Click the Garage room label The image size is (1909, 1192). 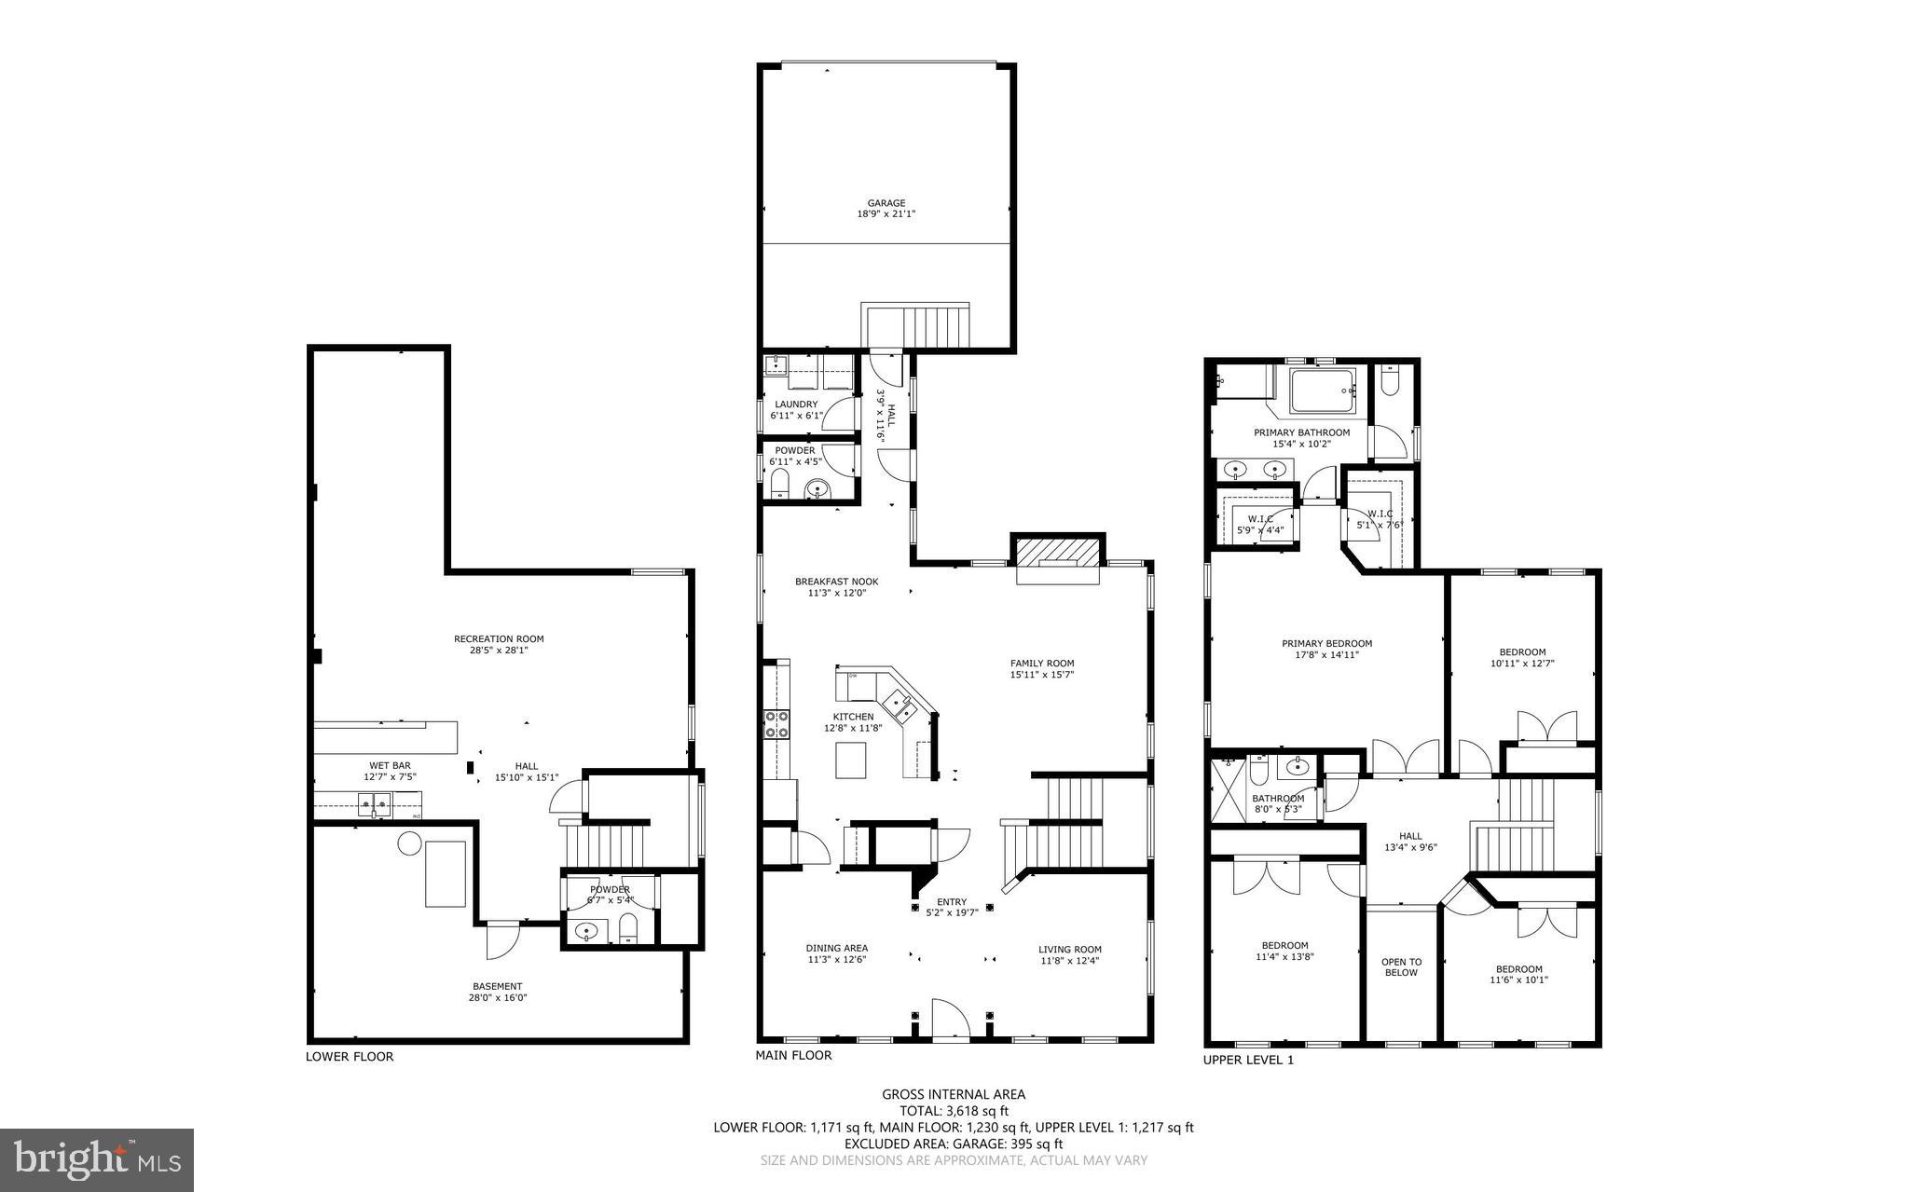(886, 203)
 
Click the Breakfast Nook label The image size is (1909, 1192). (836, 582)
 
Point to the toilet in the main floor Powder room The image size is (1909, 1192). (780, 485)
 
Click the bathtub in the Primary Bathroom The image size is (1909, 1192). (1322, 391)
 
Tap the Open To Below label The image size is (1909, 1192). (1401, 967)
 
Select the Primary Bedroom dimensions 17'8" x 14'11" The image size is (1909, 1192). (1326, 655)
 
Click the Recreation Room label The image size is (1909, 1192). (499, 639)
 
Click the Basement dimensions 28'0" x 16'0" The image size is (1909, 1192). (497, 997)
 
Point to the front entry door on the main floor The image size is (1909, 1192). (949, 1020)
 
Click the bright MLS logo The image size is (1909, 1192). (97, 1159)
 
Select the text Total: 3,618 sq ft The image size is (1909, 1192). (954, 1111)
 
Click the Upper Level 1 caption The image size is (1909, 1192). (1248, 1060)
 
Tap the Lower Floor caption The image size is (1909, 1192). (350, 1056)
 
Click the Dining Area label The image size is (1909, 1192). (836, 948)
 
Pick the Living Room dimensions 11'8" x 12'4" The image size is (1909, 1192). (1069, 960)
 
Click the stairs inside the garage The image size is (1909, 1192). (916, 326)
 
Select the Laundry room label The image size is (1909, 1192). (795, 404)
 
